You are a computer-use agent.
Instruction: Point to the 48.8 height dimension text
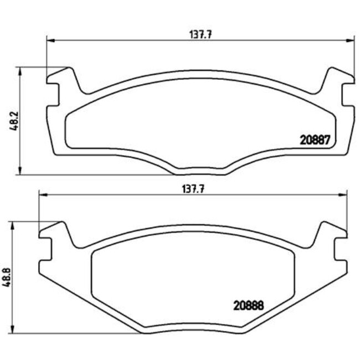click(7, 277)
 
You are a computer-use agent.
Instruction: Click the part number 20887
click(315, 141)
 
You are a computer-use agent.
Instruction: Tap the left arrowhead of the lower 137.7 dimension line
click(41, 194)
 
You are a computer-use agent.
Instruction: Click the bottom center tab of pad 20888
click(192, 332)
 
